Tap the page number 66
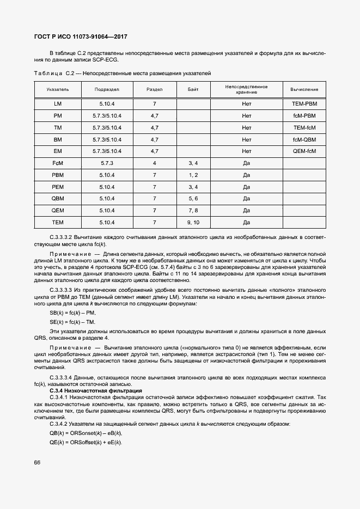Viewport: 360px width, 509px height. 37,463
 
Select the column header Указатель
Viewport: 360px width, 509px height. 58,89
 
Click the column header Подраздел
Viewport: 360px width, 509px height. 107,89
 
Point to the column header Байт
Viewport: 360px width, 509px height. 193,89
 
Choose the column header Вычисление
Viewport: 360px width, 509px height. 304,89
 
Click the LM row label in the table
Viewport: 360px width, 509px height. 58,103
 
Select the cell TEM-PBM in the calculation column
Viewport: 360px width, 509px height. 304,103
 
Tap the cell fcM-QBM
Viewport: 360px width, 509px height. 304,139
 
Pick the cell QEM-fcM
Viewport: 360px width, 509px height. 304,151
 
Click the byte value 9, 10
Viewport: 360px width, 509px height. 193,223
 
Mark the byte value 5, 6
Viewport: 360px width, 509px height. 193,199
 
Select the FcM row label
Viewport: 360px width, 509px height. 58,163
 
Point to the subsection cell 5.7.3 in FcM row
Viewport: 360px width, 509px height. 107,163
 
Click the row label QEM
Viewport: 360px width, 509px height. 58,211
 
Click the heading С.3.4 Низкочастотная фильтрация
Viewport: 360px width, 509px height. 96,391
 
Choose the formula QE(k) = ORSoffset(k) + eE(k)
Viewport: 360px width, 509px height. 86,442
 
